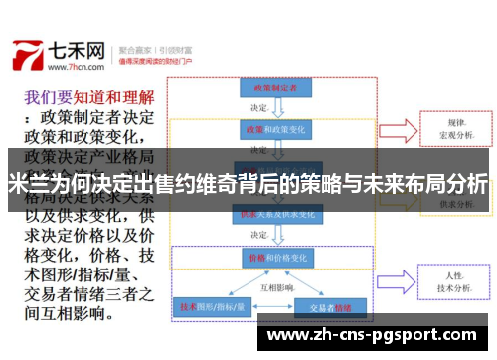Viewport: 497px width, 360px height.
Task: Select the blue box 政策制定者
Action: [x=268, y=87]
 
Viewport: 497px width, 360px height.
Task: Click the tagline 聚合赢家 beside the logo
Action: [x=136, y=46]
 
